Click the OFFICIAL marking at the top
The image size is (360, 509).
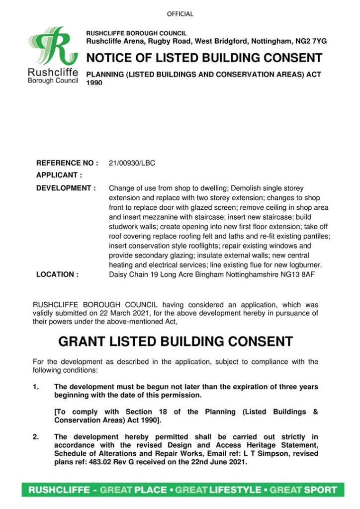(x=180, y=14)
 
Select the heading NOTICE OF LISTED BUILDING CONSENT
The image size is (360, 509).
(x=204, y=58)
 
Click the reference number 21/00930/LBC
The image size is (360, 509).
(x=132, y=163)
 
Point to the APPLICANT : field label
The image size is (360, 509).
(x=59, y=175)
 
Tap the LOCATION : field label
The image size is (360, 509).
(x=57, y=274)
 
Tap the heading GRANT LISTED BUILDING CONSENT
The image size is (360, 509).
(x=176, y=342)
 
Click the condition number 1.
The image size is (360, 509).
(x=35, y=387)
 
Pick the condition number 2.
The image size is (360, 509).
(x=35, y=437)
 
